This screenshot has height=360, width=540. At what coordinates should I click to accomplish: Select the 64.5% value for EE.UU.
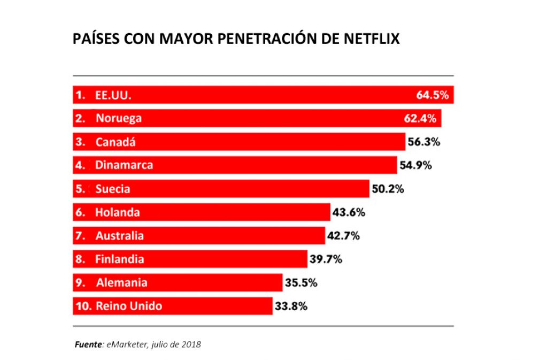(435, 95)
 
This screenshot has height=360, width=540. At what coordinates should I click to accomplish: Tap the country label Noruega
(119, 118)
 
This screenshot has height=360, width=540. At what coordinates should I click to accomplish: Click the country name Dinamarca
(124, 165)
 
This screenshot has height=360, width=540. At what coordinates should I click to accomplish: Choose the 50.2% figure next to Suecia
(388, 189)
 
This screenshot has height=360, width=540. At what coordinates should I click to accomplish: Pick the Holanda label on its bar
(118, 212)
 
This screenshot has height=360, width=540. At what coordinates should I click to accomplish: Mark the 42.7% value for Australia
(343, 236)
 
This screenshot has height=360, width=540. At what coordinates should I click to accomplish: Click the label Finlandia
(120, 259)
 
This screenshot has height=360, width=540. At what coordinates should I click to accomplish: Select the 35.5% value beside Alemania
(301, 282)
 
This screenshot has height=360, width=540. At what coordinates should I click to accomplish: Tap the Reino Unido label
(129, 307)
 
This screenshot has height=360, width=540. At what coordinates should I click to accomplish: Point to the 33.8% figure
(291, 307)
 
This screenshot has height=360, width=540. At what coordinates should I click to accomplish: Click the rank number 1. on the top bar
(81, 95)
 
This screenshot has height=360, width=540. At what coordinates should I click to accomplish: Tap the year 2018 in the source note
(191, 344)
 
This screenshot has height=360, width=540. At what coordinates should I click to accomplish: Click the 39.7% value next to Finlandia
(326, 259)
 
